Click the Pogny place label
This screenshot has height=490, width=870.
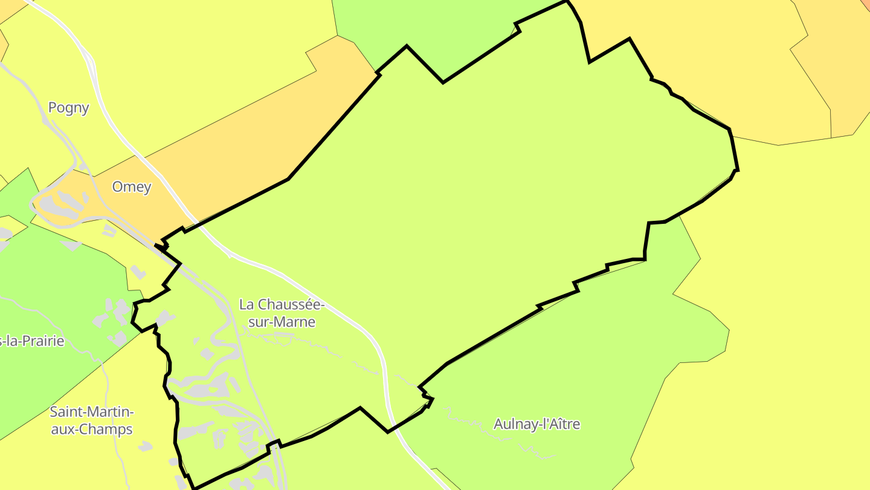point(68,108)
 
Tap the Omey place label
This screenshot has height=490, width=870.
point(132,187)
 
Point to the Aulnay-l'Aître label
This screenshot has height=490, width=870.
point(536,424)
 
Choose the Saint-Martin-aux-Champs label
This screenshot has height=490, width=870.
point(91,421)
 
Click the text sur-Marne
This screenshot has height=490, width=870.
point(282,322)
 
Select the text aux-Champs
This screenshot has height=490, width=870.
point(91,430)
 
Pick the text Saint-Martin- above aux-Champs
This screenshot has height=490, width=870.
point(91,413)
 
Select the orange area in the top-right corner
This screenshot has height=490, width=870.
point(846,48)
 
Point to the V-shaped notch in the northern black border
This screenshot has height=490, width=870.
point(442,81)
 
